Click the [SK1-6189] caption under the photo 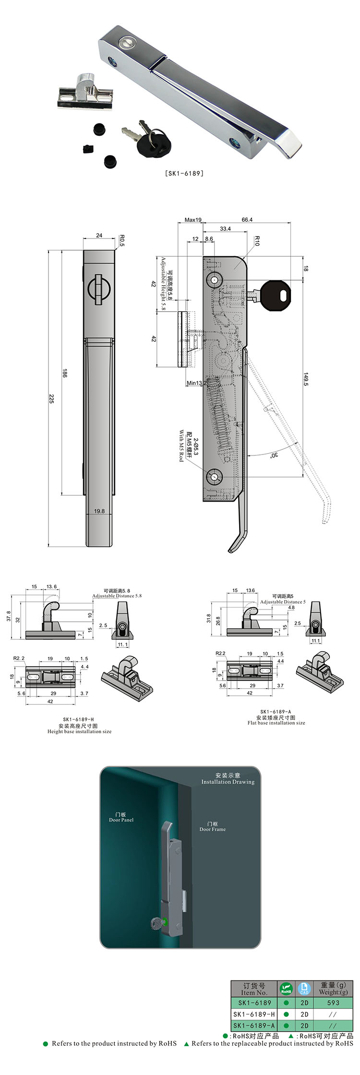tap(184, 173)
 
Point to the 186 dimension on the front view tap(65, 372)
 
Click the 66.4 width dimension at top tap(247, 220)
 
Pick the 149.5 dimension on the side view tap(306, 379)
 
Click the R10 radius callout tap(257, 241)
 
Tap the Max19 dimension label tap(193, 220)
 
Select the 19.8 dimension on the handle tap(99, 511)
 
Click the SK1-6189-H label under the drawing tap(78, 719)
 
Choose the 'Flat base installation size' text tap(276, 723)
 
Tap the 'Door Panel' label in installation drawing tap(121, 820)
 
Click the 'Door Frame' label tap(212, 829)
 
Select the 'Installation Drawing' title tap(228, 782)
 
